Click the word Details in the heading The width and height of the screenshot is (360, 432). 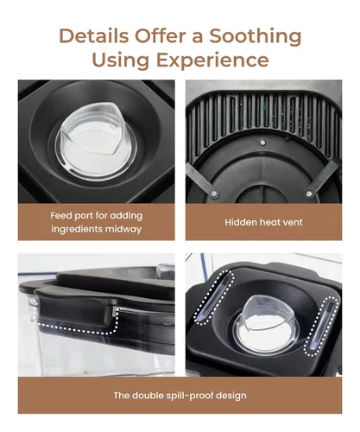[x=94, y=35]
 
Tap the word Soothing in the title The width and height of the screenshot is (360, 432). [x=256, y=37]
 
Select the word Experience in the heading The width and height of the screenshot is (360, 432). [x=212, y=60]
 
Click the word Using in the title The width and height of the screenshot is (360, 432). [x=121, y=60]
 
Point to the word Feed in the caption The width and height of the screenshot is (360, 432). [x=60, y=215]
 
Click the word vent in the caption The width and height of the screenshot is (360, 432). [x=293, y=222]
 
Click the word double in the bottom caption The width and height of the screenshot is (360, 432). [x=148, y=396]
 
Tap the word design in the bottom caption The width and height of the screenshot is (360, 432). [x=231, y=396]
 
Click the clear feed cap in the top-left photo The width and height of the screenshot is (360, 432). [x=95, y=141]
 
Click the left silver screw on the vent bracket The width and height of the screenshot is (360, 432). [x=213, y=193]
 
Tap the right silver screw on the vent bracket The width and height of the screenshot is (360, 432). [x=309, y=194]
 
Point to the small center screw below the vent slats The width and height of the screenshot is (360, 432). [x=262, y=143]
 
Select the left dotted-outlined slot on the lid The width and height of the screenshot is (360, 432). [x=215, y=297]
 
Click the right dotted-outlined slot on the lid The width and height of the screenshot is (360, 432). [x=322, y=326]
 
